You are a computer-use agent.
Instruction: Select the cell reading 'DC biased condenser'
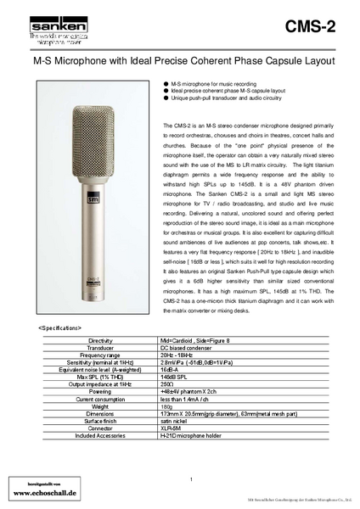tap(202, 347)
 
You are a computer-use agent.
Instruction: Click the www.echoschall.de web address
tap(46, 491)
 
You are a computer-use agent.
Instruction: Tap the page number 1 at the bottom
tap(192, 481)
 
